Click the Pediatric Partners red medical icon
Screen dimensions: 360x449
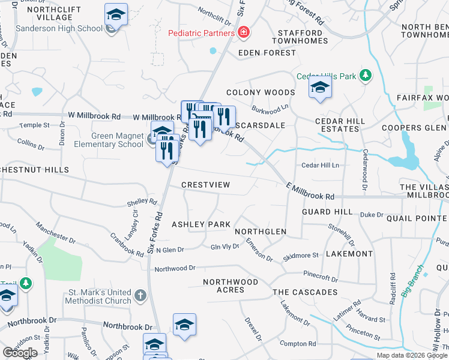pyautogui.click(x=244, y=33)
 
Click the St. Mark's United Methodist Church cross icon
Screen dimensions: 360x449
pyautogui.click(x=140, y=295)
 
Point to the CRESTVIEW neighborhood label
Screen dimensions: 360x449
pyautogui.click(x=205, y=185)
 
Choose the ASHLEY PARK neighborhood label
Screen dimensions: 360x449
pyautogui.click(x=201, y=224)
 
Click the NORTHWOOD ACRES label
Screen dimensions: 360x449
pyautogui.click(x=223, y=286)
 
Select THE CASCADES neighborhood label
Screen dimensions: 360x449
pyautogui.click(x=305, y=292)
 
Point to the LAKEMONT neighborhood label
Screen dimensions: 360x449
pyautogui.click(x=349, y=254)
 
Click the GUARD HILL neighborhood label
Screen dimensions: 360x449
pyautogui.click(x=328, y=212)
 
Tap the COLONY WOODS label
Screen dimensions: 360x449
pyautogui.click(x=261, y=93)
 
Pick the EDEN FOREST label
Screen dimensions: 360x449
pyautogui.click(x=267, y=53)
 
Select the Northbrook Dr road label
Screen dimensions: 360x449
pyautogui.click(x=127, y=326)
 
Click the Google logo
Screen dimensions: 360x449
pyautogui.click(x=20, y=353)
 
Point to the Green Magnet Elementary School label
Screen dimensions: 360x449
pyautogui.click(x=109, y=140)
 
